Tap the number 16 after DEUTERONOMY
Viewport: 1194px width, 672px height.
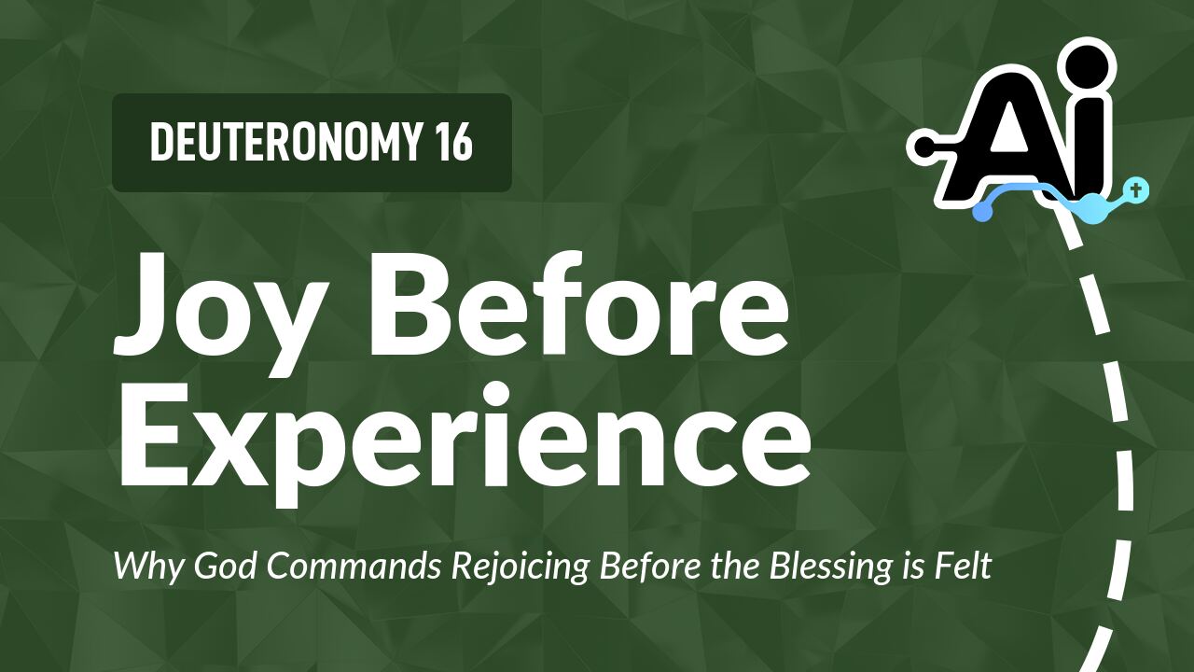point(453,143)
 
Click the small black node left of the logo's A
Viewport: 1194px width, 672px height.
point(921,146)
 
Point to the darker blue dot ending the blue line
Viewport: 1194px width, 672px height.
point(981,213)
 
